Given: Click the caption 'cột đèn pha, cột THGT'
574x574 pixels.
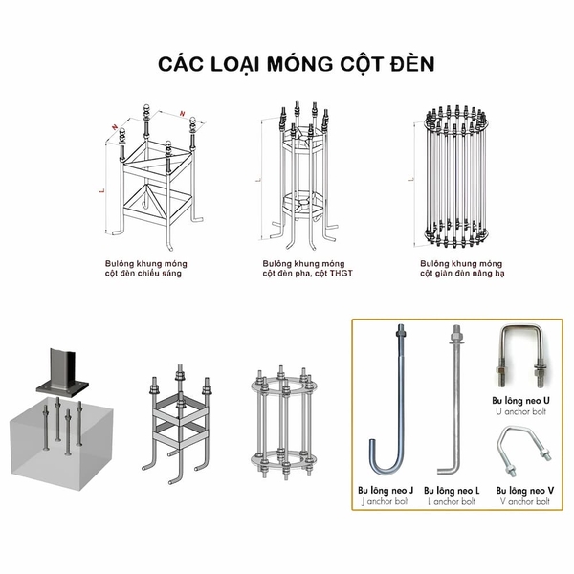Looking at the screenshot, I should [x=307, y=273].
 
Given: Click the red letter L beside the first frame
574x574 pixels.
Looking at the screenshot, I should [x=101, y=191].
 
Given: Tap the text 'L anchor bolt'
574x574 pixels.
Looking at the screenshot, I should [x=455, y=500].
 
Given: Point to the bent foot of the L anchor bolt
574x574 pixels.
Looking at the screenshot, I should [x=449, y=468].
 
